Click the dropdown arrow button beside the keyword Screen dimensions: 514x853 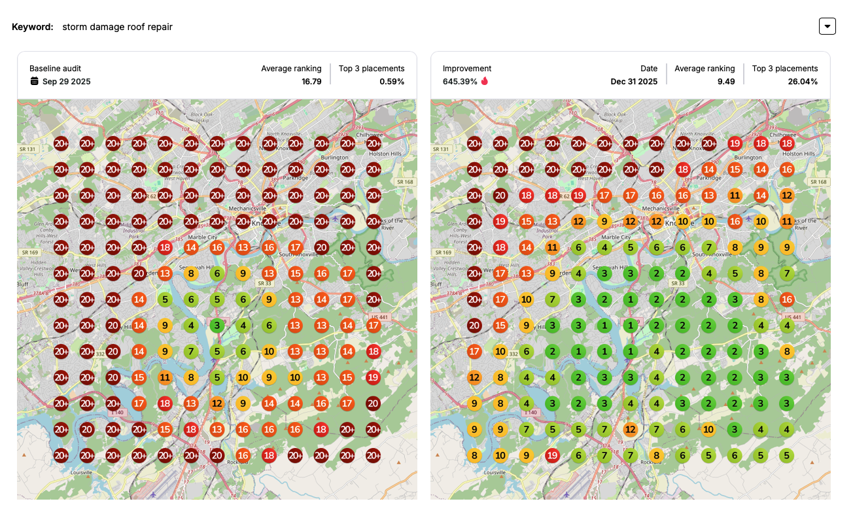[827, 26]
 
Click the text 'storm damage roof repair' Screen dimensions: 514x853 [118, 27]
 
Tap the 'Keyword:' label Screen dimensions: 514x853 [33, 27]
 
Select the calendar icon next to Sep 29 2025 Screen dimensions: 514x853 [35, 82]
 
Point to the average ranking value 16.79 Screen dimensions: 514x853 [311, 82]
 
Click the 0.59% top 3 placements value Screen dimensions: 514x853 [392, 82]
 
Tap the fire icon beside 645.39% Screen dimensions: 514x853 [485, 82]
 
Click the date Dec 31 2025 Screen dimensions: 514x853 [634, 82]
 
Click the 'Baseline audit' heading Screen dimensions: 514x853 [55, 69]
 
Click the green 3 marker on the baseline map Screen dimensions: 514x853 [217, 325]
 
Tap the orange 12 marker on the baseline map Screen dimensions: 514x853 [217, 403]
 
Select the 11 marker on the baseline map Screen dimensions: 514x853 [165, 377]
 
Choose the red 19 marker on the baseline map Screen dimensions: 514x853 [374, 377]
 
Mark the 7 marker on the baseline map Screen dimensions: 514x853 [191, 351]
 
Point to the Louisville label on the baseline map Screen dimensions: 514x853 [82, 472]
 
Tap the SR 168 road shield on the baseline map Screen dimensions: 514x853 [406, 182]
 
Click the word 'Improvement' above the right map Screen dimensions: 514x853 [467, 69]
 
